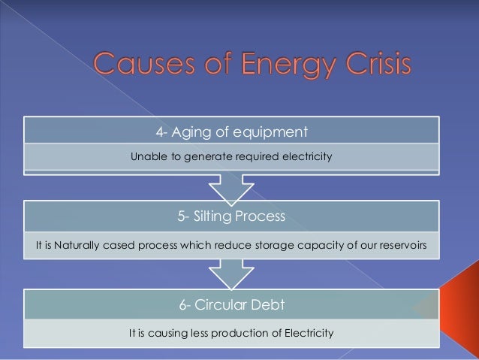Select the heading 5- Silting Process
232,216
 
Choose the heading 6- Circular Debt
232,304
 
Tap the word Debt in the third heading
268,304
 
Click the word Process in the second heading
261,216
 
